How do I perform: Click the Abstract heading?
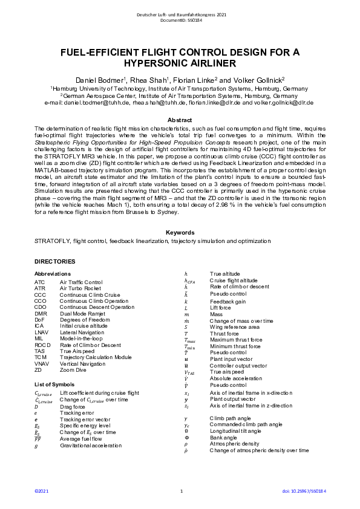[x=179, y=120]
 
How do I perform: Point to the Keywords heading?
[x=180, y=232]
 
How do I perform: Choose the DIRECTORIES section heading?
[x=55, y=261]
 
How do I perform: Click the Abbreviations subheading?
[x=53, y=274]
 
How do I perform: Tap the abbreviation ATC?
[x=40, y=282]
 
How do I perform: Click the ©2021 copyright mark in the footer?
[x=41, y=491]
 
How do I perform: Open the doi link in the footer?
[x=301, y=491]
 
